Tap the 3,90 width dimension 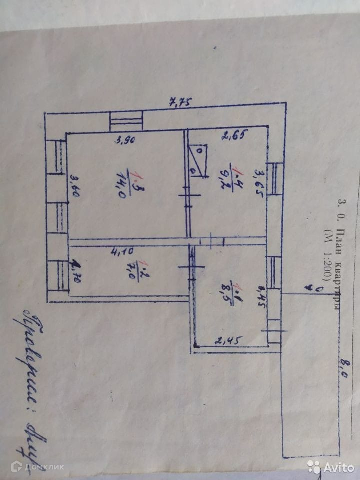pyautogui.click(x=125, y=140)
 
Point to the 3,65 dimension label pyautogui.click(x=259, y=184)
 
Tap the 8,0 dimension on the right pyautogui.click(x=342, y=371)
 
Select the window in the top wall pyautogui.click(x=126, y=121)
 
